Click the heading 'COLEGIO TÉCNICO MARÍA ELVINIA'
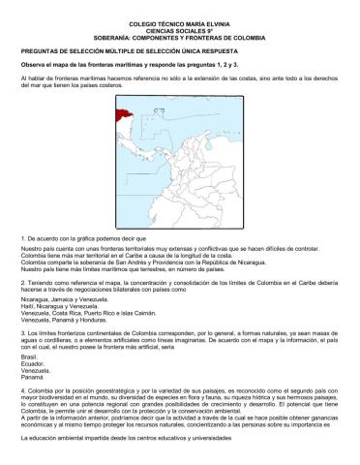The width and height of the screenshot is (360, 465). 180,19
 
